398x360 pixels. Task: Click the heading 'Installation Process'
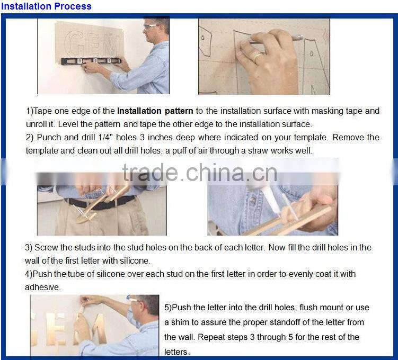click(x=46, y=6)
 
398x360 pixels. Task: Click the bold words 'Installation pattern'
click(x=155, y=111)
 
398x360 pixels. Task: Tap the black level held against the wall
click(x=91, y=61)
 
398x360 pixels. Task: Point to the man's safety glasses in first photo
click(x=151, y=26)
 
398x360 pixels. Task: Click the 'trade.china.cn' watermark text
click(x=200, y=173)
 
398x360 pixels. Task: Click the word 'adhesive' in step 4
click(x=42, y=287)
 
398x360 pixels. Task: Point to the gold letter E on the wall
click(x=56, y=330)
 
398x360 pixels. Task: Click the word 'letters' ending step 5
click(x=175, y=352)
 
